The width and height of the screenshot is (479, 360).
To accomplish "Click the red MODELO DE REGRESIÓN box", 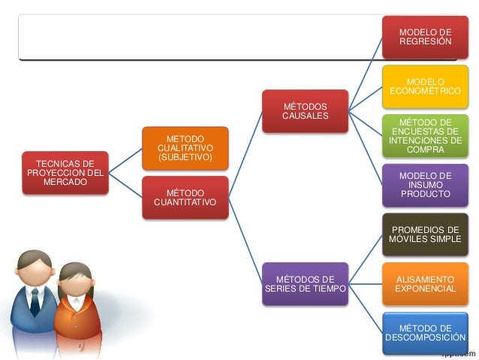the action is point(425,37).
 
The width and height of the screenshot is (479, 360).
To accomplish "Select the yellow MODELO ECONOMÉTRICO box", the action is point(425,86).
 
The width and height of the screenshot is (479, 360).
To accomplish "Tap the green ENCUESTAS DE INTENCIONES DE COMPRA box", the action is point(425,136).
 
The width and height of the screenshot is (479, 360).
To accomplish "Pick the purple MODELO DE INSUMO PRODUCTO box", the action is point(425,185).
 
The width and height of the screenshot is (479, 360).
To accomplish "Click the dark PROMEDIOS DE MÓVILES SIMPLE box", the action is point(425,234).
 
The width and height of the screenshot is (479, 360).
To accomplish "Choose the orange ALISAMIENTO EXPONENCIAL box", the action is point(425,284).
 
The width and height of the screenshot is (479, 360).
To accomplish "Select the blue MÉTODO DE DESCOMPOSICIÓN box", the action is point(425,333).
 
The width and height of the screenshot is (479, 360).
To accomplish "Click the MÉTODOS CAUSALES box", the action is point(305,111).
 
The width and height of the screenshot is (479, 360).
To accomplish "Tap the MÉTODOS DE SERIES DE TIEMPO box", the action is point(305,284).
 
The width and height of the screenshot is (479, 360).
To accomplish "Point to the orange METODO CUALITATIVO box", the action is point(185,148).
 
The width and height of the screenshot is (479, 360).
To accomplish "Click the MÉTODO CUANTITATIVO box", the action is point(185,198).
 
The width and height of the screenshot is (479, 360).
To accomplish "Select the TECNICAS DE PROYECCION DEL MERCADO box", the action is point(65,173).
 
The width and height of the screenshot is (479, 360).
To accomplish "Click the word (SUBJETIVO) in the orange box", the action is point(185,157).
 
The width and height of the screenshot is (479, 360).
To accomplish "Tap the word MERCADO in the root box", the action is point(65,182).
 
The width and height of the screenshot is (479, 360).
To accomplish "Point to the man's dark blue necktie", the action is point(35,301).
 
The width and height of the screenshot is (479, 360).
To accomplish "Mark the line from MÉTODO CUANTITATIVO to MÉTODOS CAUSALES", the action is point(246,155).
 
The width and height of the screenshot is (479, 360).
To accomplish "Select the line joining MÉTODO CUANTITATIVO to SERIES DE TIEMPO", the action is point(246,241).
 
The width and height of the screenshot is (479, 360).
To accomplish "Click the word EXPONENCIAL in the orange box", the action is point(425,289).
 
